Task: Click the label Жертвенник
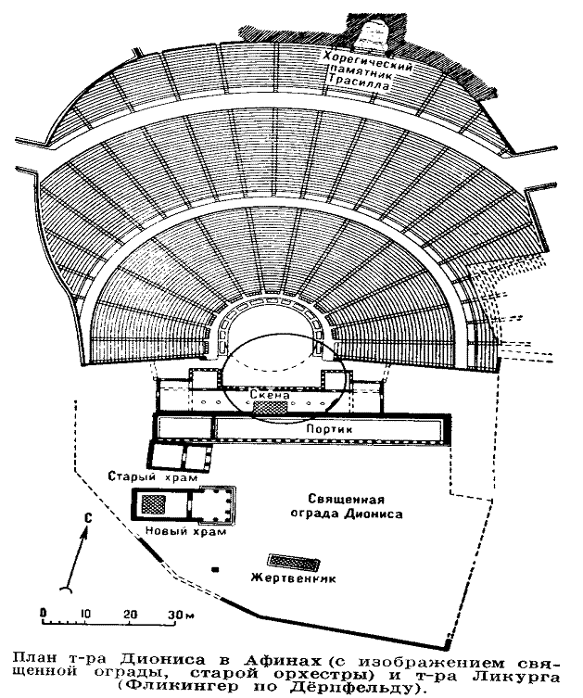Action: click(x=292, y=578)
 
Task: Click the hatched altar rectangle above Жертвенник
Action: click(x=292, y=562)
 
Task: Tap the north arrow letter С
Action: click(x=86, y=517)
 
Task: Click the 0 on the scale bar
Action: click(x=44, y=614)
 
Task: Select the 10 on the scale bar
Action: click(x=84, y=614)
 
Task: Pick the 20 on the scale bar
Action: click(x=129, y=614)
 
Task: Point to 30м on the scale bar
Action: click(x=177, y=614)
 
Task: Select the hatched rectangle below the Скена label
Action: click(x=272, y=406)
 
